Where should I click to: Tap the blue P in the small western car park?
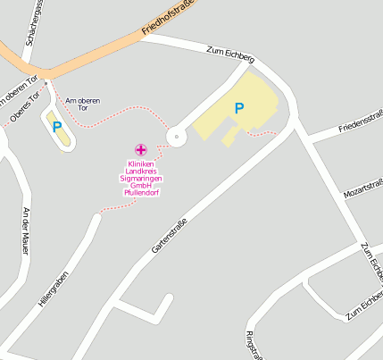(x=57, y=127)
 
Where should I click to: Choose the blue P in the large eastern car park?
(x=238, y=108)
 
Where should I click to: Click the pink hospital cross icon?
(x=140, y=149)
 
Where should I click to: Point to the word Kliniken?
(x=141, y=163)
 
